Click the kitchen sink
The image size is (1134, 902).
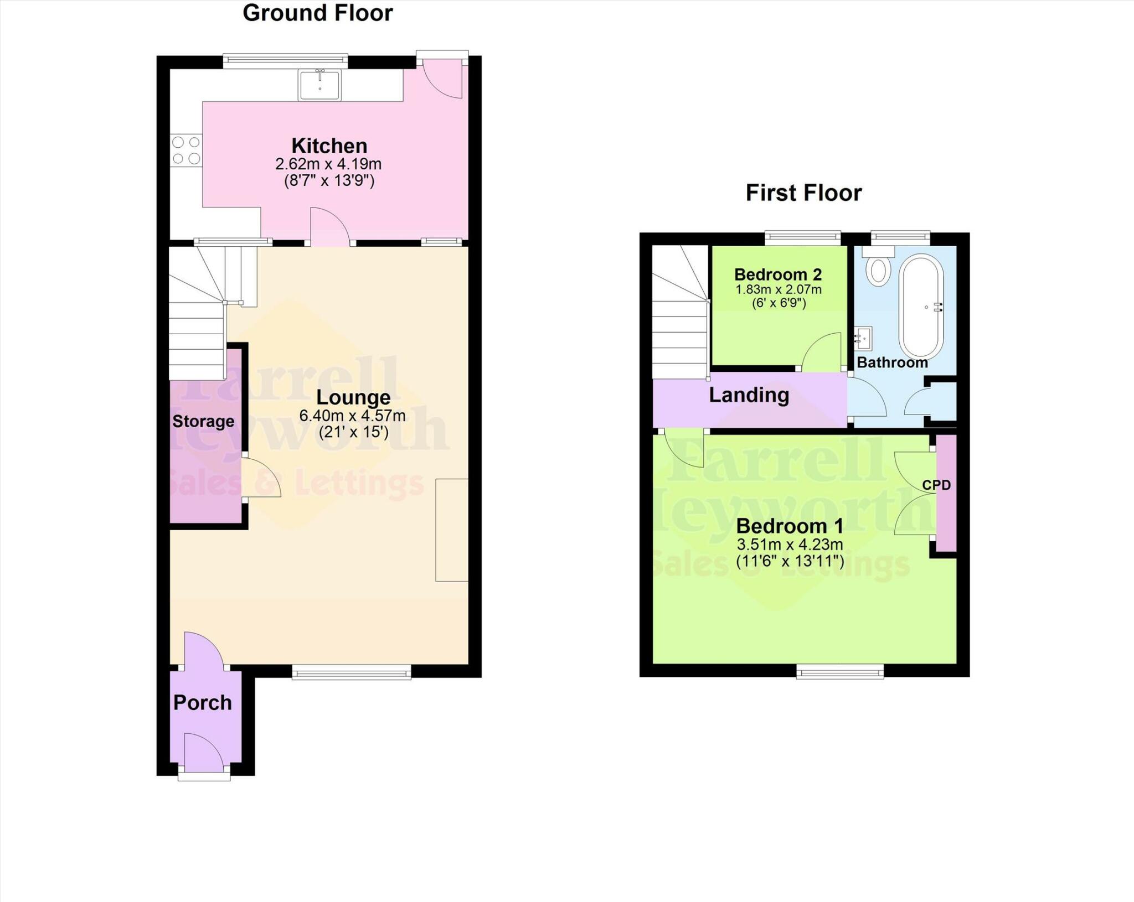click(x=319, y=85)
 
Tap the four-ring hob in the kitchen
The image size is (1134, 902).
click(x=186, y=151)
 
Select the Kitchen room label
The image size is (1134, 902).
click(x=329, y=146)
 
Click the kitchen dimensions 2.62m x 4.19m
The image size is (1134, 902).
click(x=328, y=164)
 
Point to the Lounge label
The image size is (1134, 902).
click(x=353, y=397)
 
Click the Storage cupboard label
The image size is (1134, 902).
click(x=203, y=422)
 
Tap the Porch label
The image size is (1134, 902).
click(x=203, y=703)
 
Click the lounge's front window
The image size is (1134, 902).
click(x=352, y=673)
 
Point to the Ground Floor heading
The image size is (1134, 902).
click(x=318, y=13)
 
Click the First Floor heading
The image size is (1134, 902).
click(x=803, y=193)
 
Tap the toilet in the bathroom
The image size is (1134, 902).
click(x=879, y=268)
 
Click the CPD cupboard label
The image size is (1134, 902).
click(x=936, y=485)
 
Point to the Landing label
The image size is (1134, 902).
click(x=749, y=395)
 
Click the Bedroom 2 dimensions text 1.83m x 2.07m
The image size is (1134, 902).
click(x=778, y=289)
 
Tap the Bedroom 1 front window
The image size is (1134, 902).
click(x=840, y=672)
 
